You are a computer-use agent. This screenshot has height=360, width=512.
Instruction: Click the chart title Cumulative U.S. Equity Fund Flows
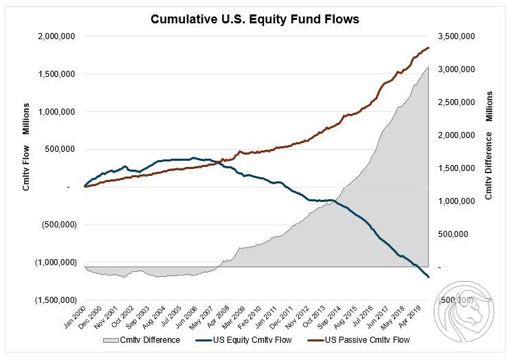[256, 19]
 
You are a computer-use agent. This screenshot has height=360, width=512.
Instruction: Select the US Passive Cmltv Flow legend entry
[362, 340]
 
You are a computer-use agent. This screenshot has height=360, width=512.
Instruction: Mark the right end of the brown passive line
[429, 47]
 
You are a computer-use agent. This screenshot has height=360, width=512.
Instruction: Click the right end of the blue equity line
[429, 277]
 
